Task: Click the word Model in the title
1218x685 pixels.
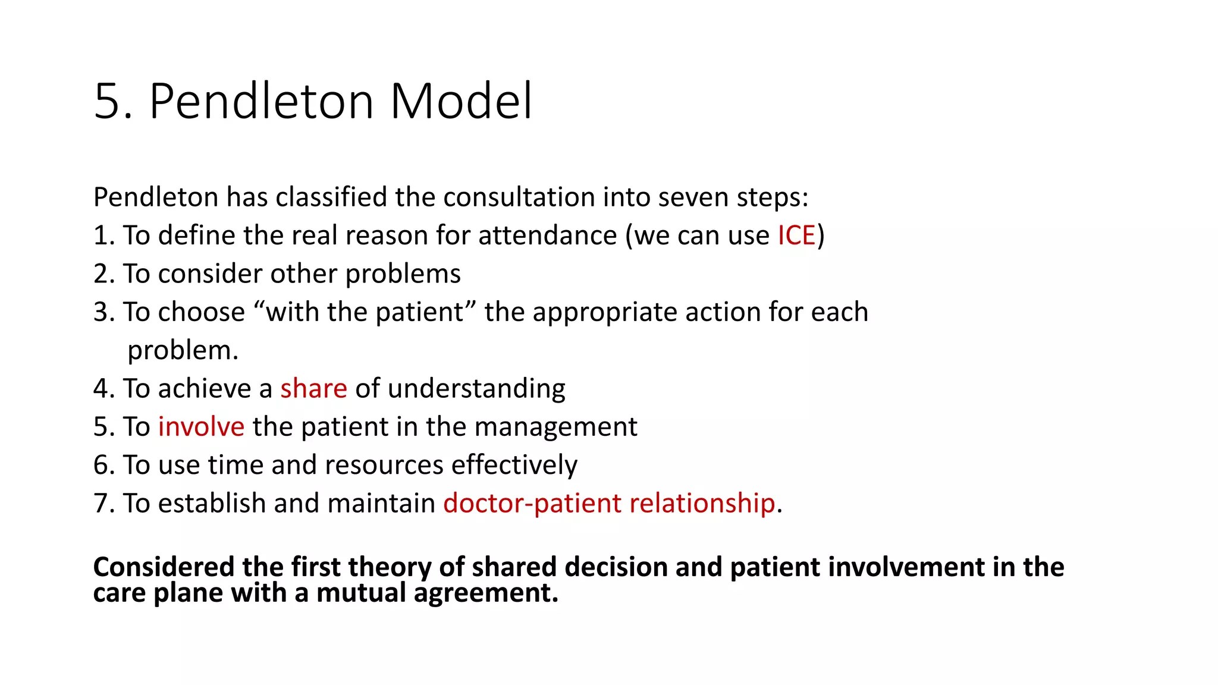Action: coord(461,101)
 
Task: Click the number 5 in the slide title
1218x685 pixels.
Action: coord(108,101)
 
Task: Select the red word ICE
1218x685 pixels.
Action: coord(796,235)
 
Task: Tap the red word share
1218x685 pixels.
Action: coord(313,388)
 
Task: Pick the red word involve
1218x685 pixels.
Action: coord(201,427)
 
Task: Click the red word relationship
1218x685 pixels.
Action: coord(702,503)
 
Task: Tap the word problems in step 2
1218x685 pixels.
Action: coord(403,274)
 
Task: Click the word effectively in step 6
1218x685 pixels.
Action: coord(514,465)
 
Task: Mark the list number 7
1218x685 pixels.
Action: coord(101,503)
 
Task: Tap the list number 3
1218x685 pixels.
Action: coord(101,312)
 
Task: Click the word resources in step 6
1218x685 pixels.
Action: coord(384,465)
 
